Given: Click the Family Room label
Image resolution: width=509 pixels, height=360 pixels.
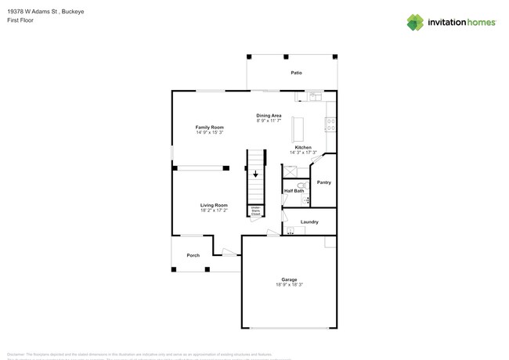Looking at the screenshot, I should [x=209, y=127].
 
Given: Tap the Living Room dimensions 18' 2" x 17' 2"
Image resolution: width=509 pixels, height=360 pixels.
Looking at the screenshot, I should [x=214, y=211].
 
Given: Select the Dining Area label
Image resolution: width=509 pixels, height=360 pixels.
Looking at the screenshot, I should [x=269, y=115].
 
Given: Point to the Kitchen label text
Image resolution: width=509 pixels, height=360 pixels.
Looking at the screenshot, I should [x=303, y=147].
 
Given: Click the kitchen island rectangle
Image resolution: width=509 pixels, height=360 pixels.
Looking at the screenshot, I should [x=297, y=128].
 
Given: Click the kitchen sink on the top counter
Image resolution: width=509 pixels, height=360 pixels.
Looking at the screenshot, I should [x=315, y=97].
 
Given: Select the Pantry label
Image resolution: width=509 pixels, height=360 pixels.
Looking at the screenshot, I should [x=324, y=182].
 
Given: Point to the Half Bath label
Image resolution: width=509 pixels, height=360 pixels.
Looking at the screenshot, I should [x=294, y=191].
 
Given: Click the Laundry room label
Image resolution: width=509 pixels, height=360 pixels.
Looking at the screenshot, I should [x=309, y=221].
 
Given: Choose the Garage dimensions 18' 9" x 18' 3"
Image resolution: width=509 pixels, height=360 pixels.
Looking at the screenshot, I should [x=289, y=285].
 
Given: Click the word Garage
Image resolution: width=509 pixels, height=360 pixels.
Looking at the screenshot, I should [x=289, y=279].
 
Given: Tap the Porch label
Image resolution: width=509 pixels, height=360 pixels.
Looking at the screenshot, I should [x=193, y=255].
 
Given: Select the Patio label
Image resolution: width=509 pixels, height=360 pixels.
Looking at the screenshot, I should [x=296, y=73].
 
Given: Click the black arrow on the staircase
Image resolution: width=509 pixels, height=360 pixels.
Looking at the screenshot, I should [x=255, y=175].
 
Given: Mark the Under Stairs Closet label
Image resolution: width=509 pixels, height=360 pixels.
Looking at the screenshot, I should [x=255, y=211].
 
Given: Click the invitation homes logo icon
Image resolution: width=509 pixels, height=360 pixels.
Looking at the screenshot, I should [x=415, y=22].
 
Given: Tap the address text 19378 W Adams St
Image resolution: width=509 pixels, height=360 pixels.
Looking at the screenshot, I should [x=34, y=11].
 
